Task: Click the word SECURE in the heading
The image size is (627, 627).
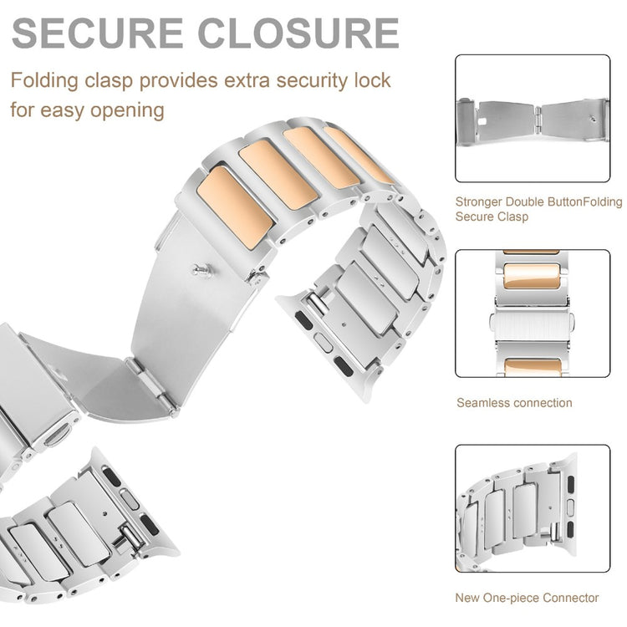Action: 97,33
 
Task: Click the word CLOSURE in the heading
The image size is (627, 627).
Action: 298,33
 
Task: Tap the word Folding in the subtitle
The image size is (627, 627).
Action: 44,81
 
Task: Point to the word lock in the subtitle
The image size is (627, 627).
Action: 372,80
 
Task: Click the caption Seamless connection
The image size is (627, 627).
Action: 514,403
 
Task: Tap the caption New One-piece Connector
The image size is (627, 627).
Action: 527,598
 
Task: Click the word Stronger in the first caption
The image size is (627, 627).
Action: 478,202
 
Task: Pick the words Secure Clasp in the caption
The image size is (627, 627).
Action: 492,217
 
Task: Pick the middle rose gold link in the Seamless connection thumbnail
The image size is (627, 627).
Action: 531,276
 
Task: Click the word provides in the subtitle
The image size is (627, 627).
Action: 178,81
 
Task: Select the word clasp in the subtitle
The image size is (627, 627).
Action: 109,81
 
